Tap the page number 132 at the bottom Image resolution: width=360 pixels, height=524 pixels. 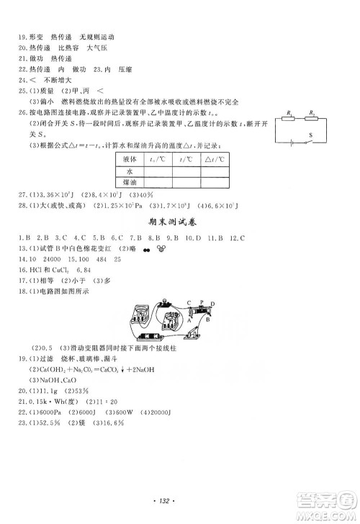(179, 499)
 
